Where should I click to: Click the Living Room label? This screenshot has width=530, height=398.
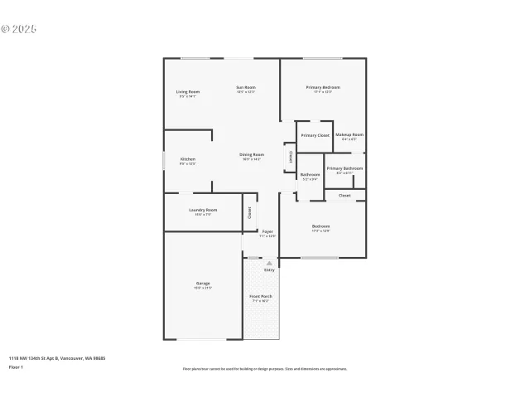point(188,91)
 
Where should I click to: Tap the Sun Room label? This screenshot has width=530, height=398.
point(245,87)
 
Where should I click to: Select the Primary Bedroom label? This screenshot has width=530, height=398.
point(323,87)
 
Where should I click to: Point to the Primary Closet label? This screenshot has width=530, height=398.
point(315,135)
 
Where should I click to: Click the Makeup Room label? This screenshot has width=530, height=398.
point(349,134)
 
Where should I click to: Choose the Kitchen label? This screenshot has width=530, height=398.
point(188,159)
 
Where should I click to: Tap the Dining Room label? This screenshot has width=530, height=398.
point(252,155)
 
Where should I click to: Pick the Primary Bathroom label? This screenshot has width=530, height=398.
point(344,168)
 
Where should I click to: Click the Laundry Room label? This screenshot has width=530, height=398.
point(203,210)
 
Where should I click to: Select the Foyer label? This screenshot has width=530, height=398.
point(267,231)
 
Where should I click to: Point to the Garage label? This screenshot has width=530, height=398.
point(203,284)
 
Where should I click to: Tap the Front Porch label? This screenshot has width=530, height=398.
point(262,296)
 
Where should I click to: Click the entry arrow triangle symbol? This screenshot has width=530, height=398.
point(269,263)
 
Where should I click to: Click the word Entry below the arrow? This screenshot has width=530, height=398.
point(269,270)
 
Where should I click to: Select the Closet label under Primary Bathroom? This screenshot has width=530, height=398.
point(344,196)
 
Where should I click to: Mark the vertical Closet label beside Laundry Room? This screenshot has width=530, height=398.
point(249,212)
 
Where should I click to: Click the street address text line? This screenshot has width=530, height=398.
point(57,358)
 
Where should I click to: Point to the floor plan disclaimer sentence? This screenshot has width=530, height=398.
point(265,369)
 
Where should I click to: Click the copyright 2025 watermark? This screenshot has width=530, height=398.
point(19,29)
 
